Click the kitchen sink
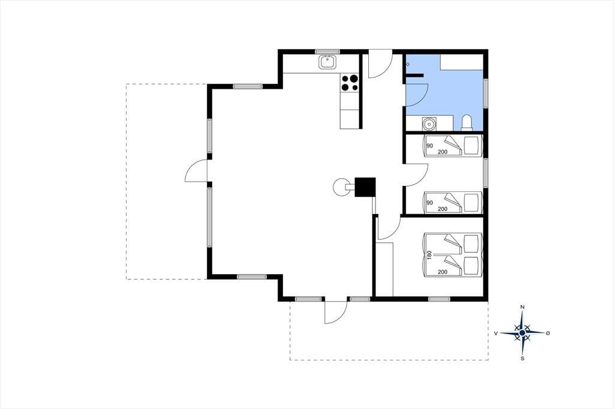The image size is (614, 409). [327, 62]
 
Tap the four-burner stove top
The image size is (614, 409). [350, 83]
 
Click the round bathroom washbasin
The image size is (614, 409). [429, 124]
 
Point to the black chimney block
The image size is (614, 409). [365, 187]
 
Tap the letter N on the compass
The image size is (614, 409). [522, 308]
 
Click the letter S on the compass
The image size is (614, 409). [522, 358]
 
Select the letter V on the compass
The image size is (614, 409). [496, 333]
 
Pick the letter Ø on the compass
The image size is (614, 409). [548, 333]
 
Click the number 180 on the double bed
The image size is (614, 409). [429, 255]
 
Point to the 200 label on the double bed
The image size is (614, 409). [443, 272]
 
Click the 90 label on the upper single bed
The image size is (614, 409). [429, 146]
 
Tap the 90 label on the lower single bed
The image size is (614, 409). [429, 203]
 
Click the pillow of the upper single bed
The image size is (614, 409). [471, 146]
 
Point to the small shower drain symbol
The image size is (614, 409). [408, 64]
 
